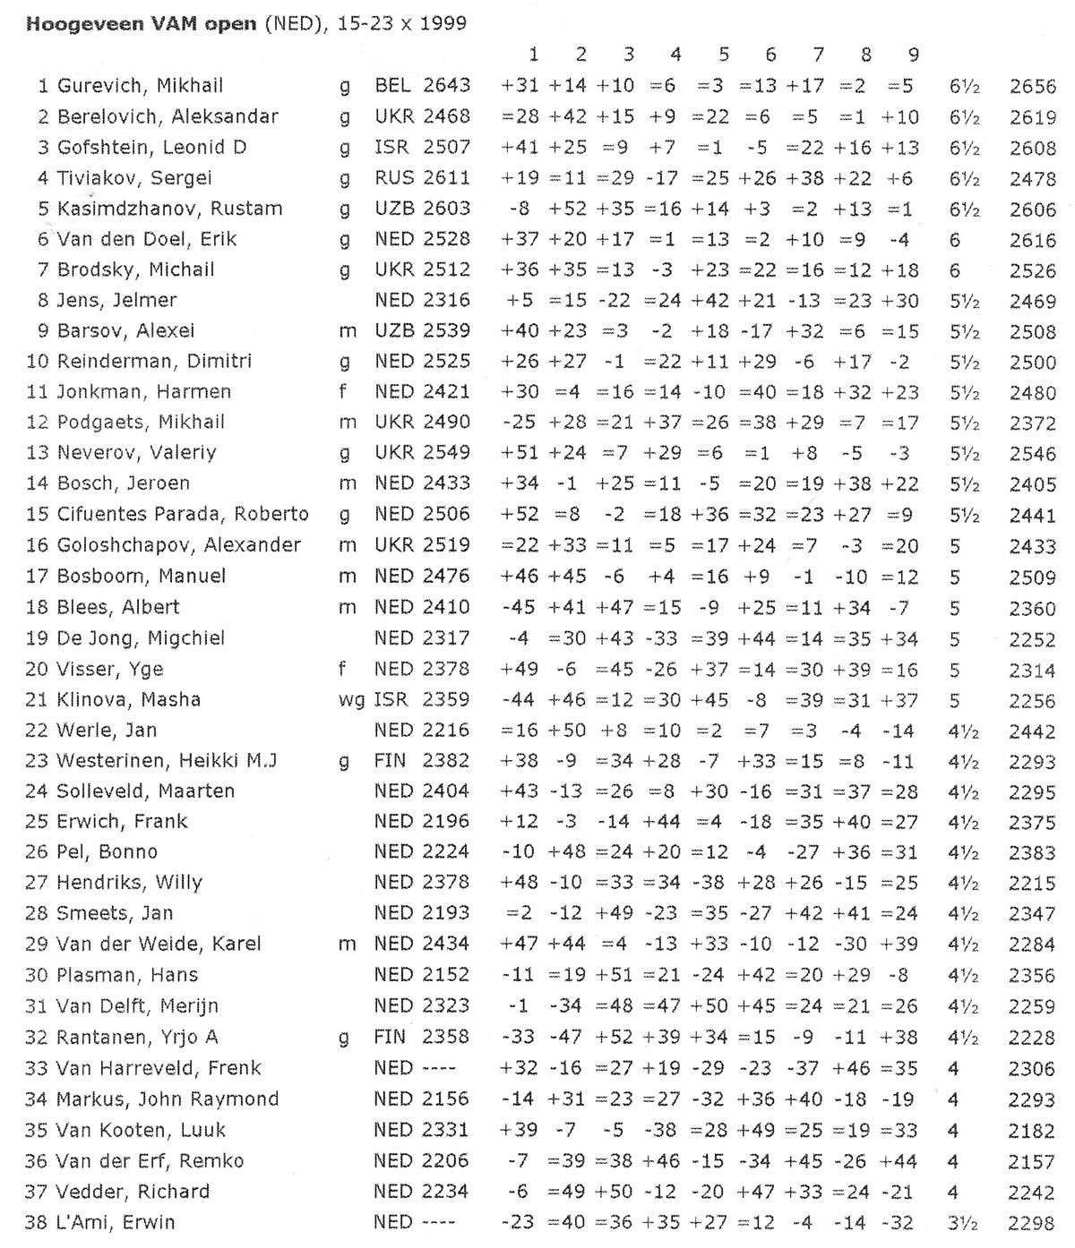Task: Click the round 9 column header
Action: coord(913,56)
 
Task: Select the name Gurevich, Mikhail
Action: coord(140,86)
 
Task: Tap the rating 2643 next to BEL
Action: coord(446,86)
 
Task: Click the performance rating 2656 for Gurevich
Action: coord(1032,87)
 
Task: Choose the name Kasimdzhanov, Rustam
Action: coord(169,209)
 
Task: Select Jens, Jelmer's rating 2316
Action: coord(446,300)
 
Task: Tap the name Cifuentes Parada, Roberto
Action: coord(183,515)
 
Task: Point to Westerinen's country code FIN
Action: coord(391,761)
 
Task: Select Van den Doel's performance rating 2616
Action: coord(1032,240)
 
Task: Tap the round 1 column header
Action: coord(533,56)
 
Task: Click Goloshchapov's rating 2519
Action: coord(446,545)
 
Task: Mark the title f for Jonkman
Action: coord(344,392)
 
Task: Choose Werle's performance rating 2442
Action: coord(1032,731)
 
